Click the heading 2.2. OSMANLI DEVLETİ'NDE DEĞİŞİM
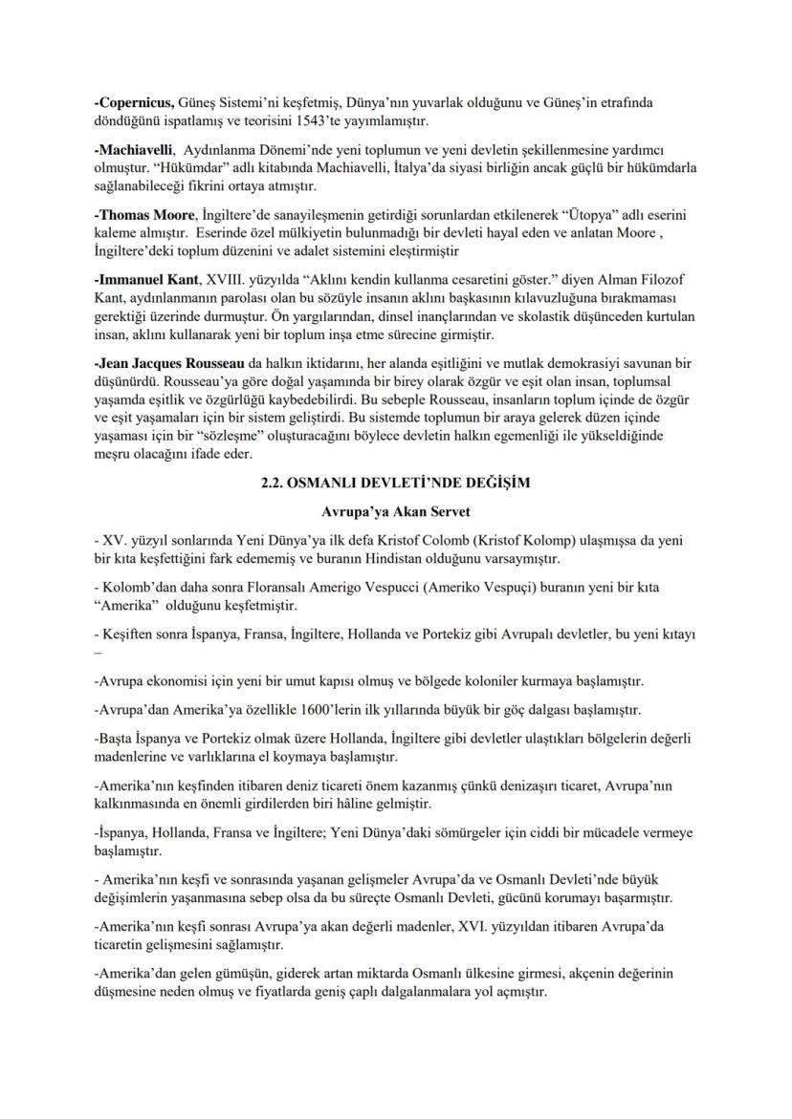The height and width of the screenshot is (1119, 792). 396,484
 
